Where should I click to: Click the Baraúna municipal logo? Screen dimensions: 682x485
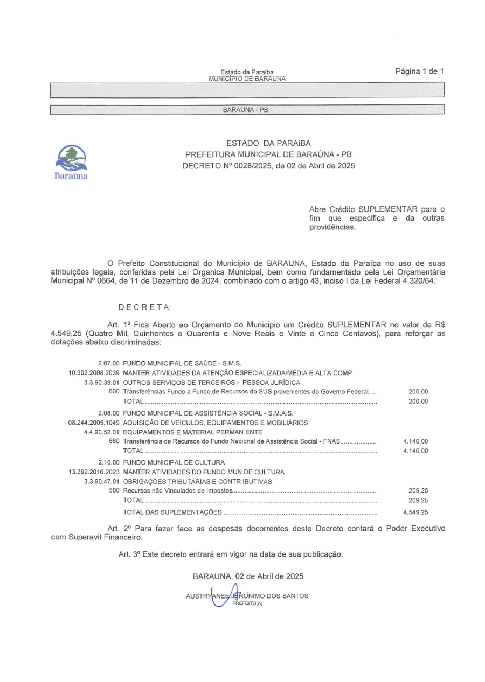[72, 161]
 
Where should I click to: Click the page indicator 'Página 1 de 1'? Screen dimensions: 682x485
[419, 71]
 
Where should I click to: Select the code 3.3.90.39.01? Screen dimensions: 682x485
[102, 383]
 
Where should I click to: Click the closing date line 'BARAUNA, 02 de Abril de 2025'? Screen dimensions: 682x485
[248, 576]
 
